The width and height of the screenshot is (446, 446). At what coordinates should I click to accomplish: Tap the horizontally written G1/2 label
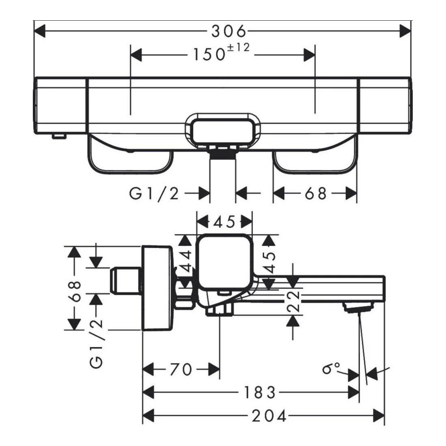(x=154, y=194)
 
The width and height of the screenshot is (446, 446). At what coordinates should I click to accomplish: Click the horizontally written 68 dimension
(x=316, y=194)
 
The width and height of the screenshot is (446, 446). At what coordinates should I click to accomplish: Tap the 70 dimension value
(x=180, y=369)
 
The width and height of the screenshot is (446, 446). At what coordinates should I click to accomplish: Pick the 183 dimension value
(x=260, y=392)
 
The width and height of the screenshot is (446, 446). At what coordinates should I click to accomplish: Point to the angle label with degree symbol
(x=331, y=369)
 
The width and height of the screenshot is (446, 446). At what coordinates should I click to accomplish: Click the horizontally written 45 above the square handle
(x=224, y=222)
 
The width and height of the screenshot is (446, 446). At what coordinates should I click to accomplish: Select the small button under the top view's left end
(x=58, y=136)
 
